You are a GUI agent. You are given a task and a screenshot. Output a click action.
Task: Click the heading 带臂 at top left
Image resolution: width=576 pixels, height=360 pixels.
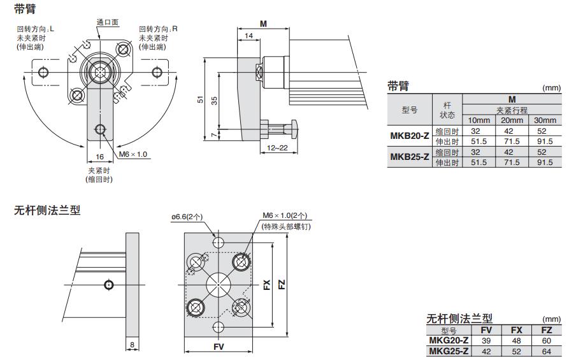(25, 8)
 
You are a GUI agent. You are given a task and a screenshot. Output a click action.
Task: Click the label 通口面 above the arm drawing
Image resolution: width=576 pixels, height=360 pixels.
(107, 22)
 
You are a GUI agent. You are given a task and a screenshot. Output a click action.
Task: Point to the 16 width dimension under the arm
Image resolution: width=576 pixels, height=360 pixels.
(99, 155)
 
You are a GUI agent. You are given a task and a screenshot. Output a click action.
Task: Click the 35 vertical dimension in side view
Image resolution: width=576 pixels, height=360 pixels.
(214, 99)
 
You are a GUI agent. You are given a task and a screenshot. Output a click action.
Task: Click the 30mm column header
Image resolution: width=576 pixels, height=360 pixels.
(545, 120)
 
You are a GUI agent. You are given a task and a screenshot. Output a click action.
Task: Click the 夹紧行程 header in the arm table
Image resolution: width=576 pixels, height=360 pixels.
(512, 110)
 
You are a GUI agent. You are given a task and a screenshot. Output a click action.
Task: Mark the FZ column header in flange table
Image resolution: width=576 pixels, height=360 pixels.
(546, 331)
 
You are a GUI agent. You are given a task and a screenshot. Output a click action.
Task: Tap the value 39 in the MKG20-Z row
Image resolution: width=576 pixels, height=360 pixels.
(486, 341)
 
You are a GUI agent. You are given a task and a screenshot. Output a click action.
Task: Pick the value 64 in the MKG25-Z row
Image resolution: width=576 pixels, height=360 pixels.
(546, 351)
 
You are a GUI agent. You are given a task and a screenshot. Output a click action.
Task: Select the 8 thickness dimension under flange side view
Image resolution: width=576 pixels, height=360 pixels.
(132, 345)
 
